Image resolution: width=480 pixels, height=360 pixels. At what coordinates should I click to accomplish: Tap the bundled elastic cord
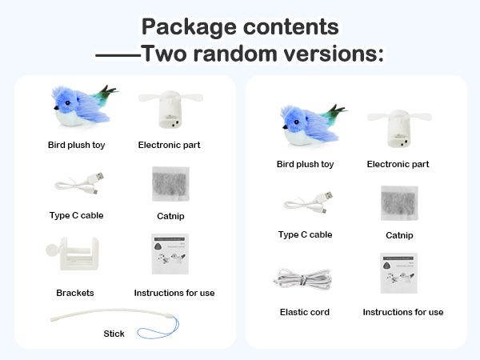(303, 279)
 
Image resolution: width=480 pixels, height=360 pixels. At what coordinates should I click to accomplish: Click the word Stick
(114, 334)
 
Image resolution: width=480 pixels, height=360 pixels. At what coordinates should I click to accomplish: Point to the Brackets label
(75, 293)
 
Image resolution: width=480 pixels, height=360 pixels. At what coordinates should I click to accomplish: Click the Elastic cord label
(305, 312)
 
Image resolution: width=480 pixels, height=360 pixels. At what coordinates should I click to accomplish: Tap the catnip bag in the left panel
(170, 184)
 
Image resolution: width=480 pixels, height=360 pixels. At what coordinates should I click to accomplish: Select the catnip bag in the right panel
(399, 203)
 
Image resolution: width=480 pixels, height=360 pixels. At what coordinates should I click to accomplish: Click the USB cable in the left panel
(79, 184)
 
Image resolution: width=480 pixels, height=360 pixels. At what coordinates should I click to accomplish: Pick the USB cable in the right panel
(308, 203)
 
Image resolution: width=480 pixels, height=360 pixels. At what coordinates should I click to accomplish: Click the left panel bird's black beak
(56, 108)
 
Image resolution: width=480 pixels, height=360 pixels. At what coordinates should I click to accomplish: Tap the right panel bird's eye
(296, 122)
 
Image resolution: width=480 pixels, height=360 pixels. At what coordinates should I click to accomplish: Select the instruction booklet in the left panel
(170, 254)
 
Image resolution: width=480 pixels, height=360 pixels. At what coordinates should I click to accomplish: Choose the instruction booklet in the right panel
(399, 273)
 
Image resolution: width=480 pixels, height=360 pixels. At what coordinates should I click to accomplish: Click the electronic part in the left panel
(171, 109)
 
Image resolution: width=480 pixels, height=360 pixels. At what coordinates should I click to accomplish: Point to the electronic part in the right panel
(399, 128)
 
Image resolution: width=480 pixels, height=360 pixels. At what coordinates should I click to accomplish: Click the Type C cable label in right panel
(306, 234)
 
